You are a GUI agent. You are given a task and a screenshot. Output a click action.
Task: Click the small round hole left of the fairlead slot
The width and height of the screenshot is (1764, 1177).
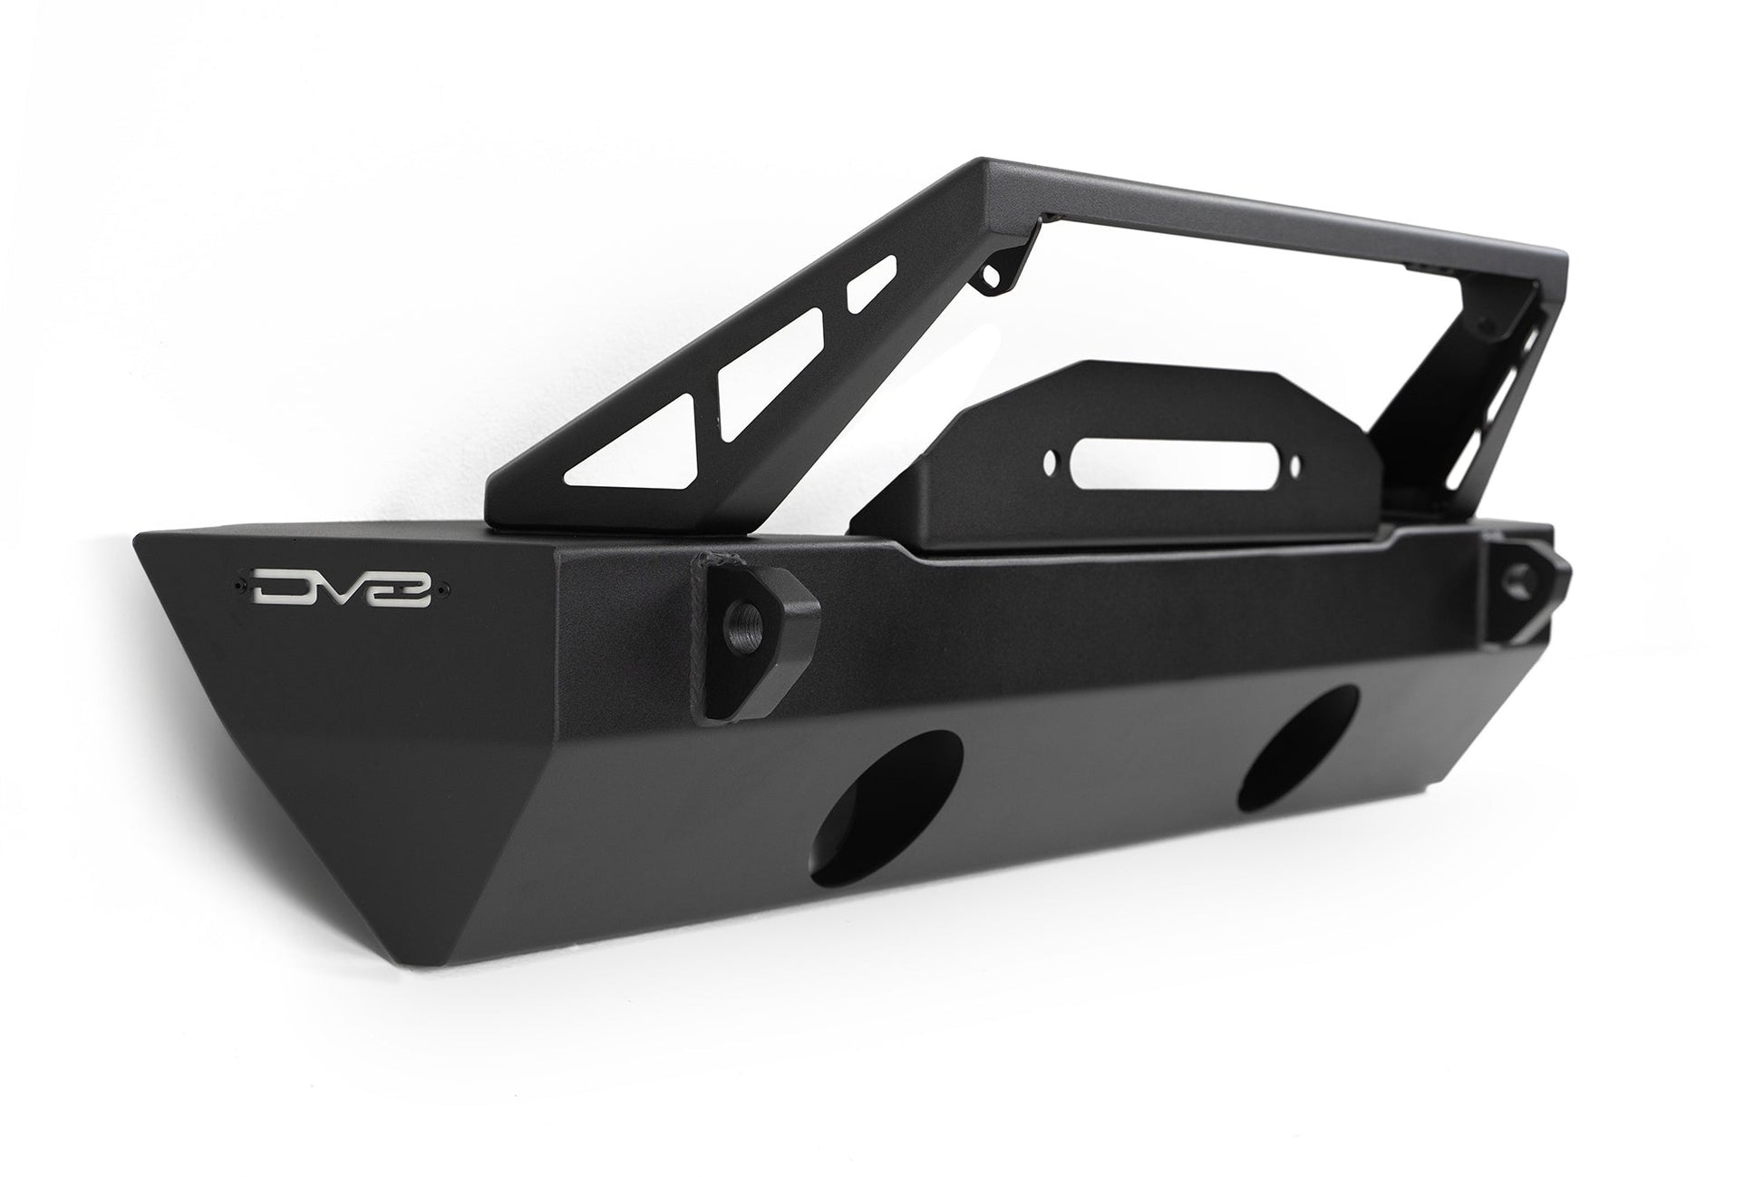[1050, 460]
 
